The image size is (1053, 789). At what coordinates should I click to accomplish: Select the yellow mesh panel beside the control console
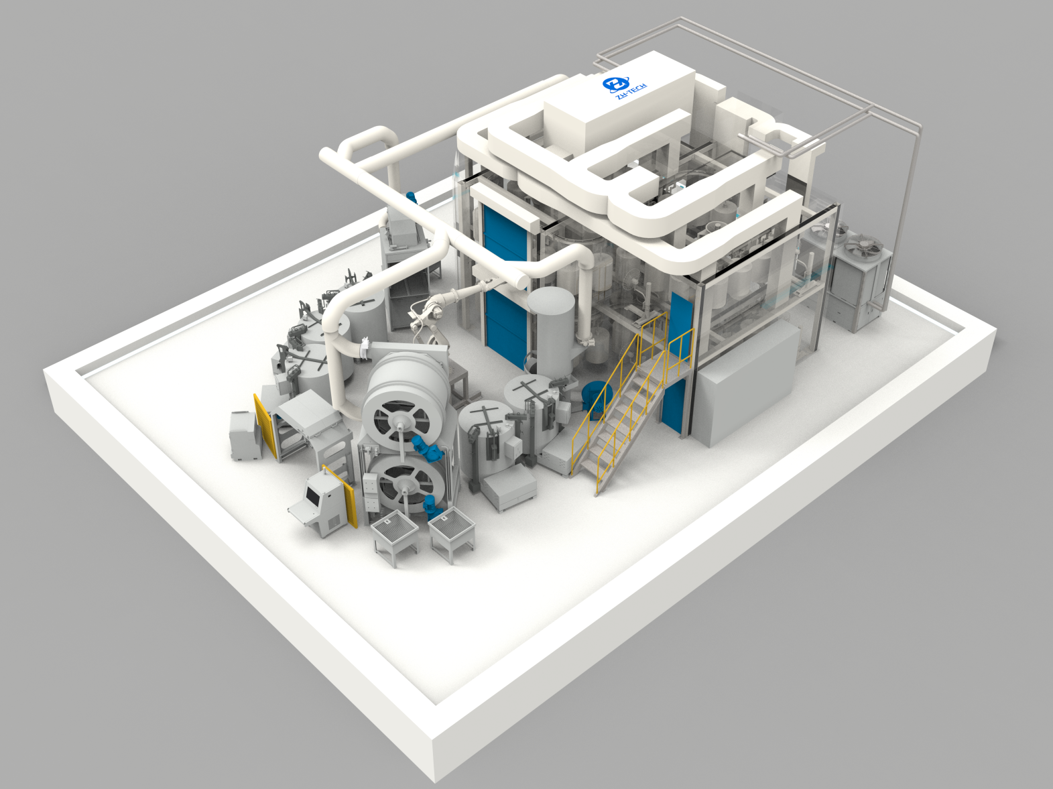click(340, 497)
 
